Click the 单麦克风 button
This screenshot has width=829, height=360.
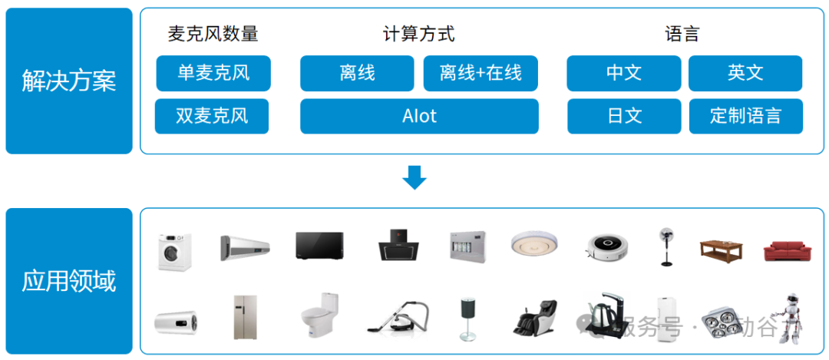213,73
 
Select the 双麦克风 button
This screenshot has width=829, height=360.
212,116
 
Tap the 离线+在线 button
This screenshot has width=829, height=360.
481,73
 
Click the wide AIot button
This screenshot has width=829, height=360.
419,116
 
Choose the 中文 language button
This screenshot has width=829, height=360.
623,73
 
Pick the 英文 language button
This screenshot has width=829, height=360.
745,73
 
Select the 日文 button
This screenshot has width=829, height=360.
623,116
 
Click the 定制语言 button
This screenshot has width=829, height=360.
745,116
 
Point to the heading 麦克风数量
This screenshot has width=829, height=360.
213,34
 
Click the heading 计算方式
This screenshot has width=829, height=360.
418,34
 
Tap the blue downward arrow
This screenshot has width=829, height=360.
414,177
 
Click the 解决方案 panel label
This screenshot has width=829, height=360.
69,81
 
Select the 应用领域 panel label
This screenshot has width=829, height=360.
69,281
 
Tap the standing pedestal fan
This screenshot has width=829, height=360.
665,246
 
